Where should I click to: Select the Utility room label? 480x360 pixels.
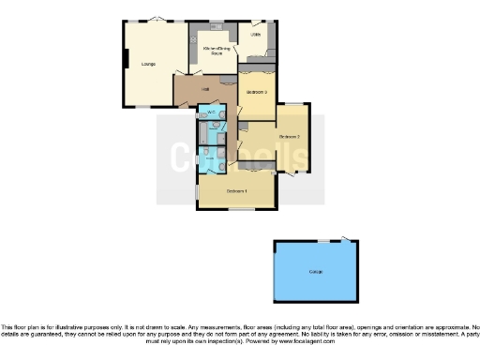pyautogui.click(x=256, y=35)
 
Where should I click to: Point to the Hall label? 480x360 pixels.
pyautogui.click(x=204, y=89)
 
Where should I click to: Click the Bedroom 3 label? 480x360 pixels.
pyautogui.click(x=257, y=92)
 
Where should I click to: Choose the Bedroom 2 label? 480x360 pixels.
pyautogui.click(x=290, y=137)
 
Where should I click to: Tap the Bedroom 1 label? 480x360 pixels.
pyautogui.click(x=236, y=191)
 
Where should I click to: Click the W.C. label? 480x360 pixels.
pyautogui.click(x=211, y=114)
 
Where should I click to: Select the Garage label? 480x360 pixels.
pyautogui.click(x=316, y=272)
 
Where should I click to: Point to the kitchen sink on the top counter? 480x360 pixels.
pyautogui.click(x=221, y=28)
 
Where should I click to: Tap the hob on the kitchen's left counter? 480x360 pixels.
pyautogui.click(x=193, y=49)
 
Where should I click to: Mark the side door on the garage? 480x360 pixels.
pyautogui.click(x=349, y=239)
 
